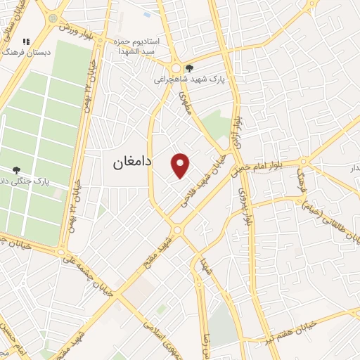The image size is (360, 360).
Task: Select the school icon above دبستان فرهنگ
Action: point(27,42)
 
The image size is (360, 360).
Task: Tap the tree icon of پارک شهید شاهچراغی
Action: point(189,68)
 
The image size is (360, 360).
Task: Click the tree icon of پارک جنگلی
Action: point(17,169)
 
